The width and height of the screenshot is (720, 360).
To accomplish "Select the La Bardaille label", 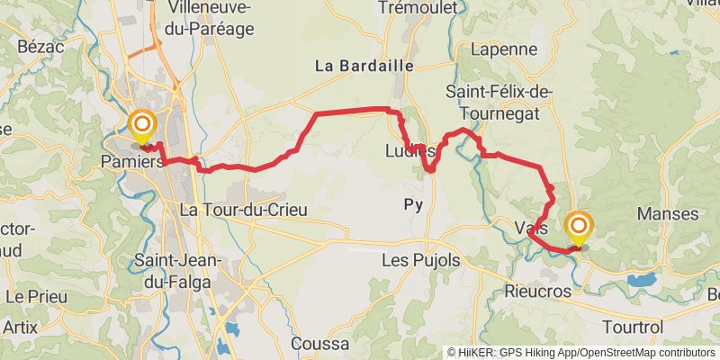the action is (363, 66).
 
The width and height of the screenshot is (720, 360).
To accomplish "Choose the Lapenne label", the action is (503, 49).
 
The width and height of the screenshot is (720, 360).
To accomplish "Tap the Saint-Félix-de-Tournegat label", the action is (499, 103).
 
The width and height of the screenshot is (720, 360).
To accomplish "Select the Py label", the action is (413, 205).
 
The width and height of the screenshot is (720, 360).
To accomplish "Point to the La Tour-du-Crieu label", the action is (244, 210).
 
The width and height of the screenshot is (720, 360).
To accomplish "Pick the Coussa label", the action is (319, 344).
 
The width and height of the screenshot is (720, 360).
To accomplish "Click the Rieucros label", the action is (538, 292).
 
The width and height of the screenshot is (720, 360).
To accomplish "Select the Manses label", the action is (667, 214).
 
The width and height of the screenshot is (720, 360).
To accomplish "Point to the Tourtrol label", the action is (632, 326).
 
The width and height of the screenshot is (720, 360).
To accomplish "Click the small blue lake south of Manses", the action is (642, 280).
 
